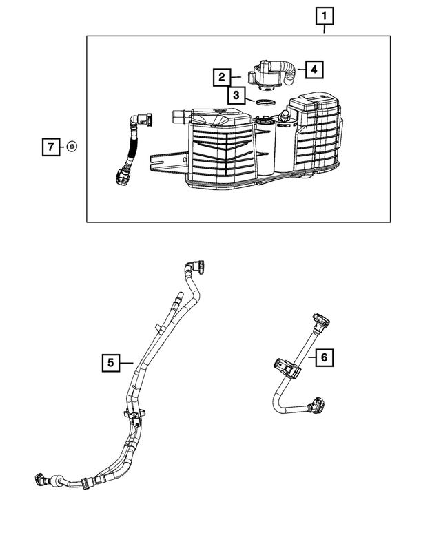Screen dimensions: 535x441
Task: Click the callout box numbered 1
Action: point(325,14)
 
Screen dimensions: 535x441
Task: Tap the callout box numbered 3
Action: point(236,95)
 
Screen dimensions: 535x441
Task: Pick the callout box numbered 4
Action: point(313,69)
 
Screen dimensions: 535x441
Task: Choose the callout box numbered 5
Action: point(110,360)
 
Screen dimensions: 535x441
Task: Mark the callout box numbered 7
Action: point(50,147)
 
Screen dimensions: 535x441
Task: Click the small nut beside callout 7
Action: point(72,146)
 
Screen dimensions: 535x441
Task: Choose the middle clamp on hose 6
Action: point(287,367)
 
